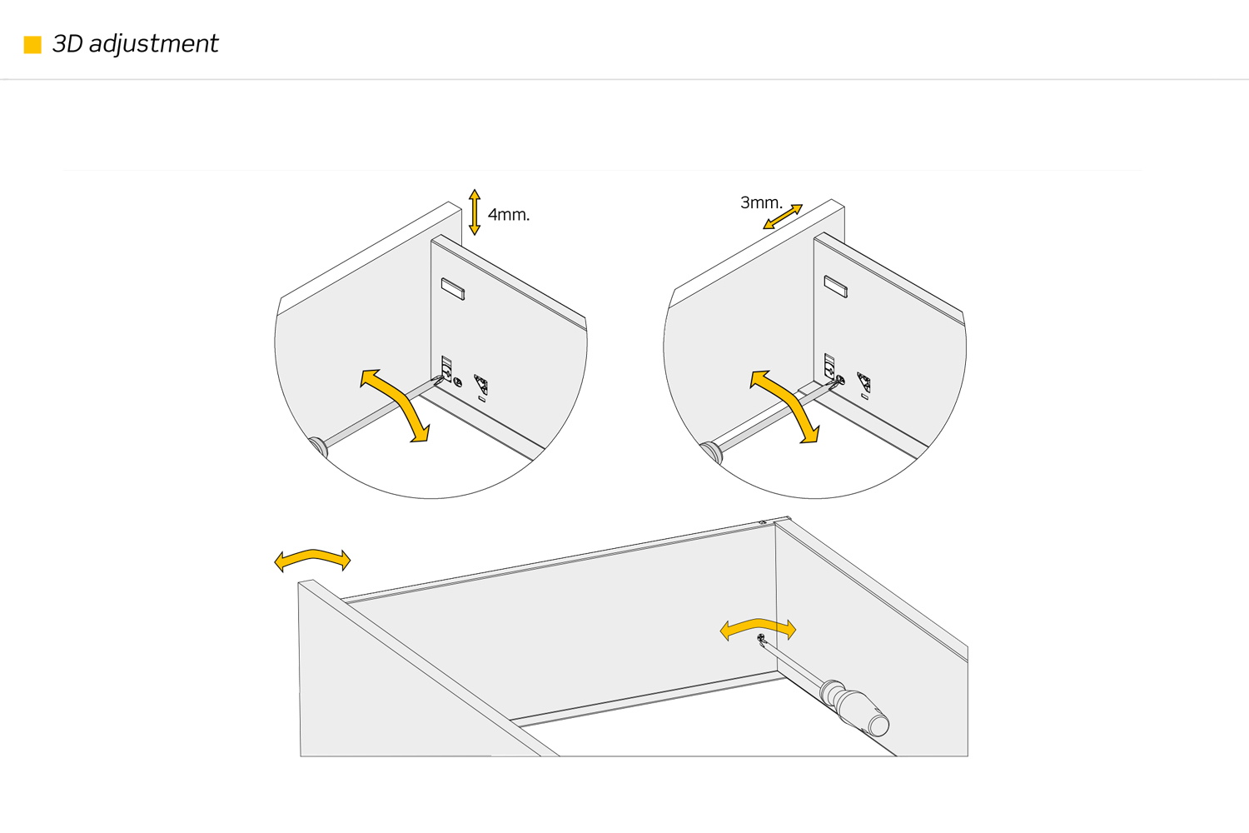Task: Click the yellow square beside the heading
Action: (x=32, y=45)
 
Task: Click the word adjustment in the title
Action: (x=153, y=44)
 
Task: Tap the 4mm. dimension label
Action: (x=508, y=215)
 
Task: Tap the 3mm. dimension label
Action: (x=760, y=202)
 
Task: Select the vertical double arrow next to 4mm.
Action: (x=475, y=212)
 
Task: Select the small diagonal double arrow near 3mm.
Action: (x=783, y=217)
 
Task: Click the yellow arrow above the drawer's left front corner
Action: (x=312, y=560)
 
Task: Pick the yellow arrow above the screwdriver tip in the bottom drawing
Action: (x=758, y=629)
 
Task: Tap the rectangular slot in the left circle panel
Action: (x=452, y=289)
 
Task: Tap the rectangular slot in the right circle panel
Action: (x=835, y=286)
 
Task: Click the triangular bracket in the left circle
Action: (x=481, y=385)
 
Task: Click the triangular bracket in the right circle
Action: (x=864, y=382)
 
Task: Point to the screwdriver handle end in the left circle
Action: (x=318, y=446)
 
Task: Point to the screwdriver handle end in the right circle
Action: (x=710, y=451)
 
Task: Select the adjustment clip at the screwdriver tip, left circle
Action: (x=447, y=369)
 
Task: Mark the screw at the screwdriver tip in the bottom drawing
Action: (x=761, y=639)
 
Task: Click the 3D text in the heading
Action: (x=67, y=44)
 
